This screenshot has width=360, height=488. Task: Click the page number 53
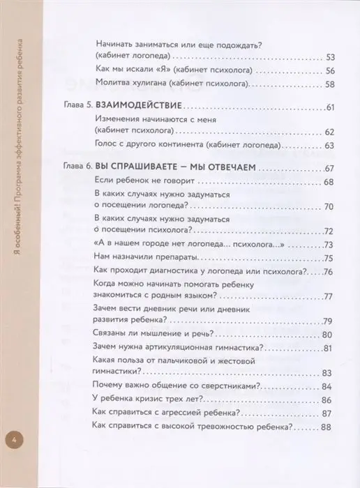(x=331, y=56)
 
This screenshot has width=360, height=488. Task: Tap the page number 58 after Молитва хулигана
(x=331, y=85)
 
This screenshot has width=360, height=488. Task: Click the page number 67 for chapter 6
(x=331, y=168)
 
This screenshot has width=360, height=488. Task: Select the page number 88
(x=331, y=429)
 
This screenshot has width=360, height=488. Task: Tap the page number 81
(x=331, y=349)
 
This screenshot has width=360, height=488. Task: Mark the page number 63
(x=331, y=146)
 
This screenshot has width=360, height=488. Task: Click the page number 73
(x=331, y=243)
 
